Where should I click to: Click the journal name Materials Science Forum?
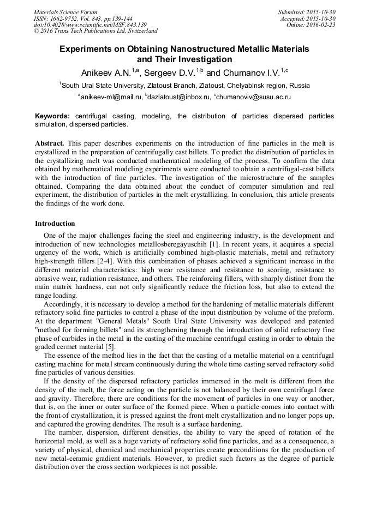click(x=65, y=12)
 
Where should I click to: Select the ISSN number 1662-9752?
click(x=68, y=19)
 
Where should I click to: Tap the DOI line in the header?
click(x=90, y=25)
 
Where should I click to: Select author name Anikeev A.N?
click(x=107, y=73)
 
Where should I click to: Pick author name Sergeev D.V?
click(x=172, y=73)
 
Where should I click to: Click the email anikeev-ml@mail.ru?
click(x=111, y=97)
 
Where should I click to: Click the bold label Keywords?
click(x=52, y=116)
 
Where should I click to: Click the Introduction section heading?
click(x=55, y=224)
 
